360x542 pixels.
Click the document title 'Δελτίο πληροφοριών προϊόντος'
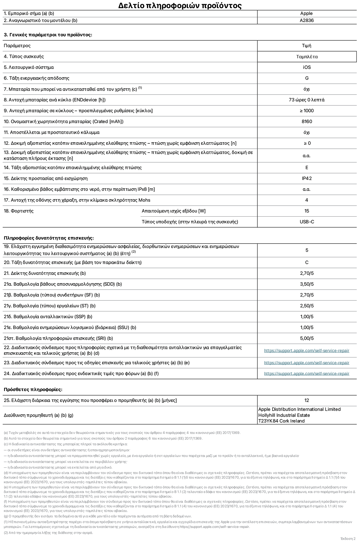click(x=180, y=5)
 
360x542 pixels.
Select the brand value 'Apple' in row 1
click(x=306, y=13)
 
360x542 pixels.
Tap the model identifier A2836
click(x=307, y=20)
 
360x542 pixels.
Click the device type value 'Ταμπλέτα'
click(x=307, y=57)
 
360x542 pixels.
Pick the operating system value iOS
click(x=307, y=67)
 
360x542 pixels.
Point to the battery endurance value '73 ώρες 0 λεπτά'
click(x=307, y=100)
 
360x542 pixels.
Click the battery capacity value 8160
click(x=307, y=121)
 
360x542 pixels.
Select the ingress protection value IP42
click(x=307, y=178)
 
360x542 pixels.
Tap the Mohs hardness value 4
click(x=307, y=200)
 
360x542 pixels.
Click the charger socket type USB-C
click(x=307, y=222)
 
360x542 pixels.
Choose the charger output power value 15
click(x=307, y=211)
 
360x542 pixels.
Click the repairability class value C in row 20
click(x=307, y=262)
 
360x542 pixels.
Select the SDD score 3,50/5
click(x=307, y=284)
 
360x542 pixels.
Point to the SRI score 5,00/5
click(x=307, y=338)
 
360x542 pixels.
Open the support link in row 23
click(x=307, y=363)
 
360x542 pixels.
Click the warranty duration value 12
click(x=307, y=400)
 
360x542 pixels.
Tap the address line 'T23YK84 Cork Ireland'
click(x=281, y=421)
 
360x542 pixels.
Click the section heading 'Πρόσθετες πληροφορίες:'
click(x=33, y=389)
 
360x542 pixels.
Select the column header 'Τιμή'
click(x=307, y=46)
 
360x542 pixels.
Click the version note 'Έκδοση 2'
click(x=348, y=538)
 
